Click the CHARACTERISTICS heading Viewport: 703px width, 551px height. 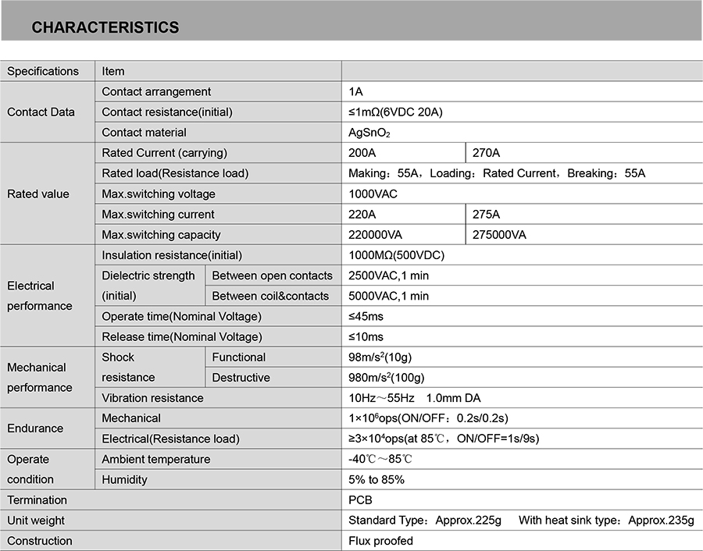tap(105, 27)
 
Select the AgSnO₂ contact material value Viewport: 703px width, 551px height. tap(369, 133)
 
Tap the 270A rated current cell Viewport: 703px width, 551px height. tap(487, 153)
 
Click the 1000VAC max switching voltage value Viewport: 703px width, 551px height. tap(373, 194)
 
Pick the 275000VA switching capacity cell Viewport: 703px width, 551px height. tap(500, 235)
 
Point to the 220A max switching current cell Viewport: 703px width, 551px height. tap(362, 215)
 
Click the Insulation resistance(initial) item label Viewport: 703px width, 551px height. tap(172, 255)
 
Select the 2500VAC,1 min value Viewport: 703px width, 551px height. tap(388, 275)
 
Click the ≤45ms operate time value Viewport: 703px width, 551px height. tap(366, 316)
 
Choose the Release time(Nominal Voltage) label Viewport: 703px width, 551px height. tap(182, 336)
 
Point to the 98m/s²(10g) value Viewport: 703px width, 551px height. tap(380, 357)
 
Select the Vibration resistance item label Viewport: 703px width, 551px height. tap(152, 398)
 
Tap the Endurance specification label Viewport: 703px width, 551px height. tap(35, 428)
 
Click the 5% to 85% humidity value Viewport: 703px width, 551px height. tap(376, 479)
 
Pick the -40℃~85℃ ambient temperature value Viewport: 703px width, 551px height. tap(380, 459)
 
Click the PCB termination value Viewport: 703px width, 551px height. tap(360, 499)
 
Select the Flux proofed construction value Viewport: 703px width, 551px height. tap(380, 541)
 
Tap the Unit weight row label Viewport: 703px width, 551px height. tap(36, 521)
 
